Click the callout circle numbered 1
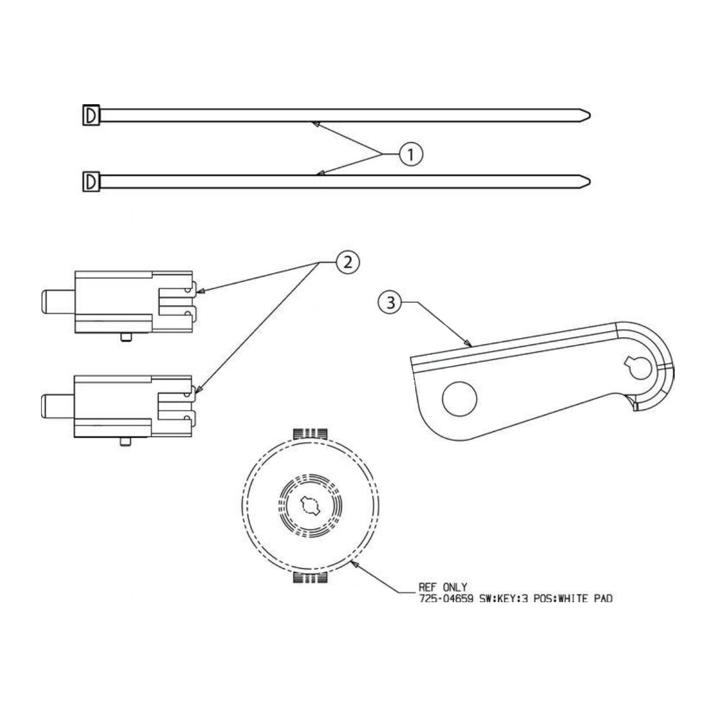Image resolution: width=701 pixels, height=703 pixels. pos(410,154)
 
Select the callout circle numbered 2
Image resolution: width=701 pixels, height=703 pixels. pos(348,262)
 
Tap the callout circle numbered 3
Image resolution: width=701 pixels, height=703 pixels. pos(390,302)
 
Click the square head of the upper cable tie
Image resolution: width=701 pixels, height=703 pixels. pos(91,115)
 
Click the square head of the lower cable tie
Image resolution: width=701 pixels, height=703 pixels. pos(91,182)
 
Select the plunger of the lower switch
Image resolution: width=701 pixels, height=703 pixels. pos(57,406)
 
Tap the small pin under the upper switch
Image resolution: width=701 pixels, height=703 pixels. pos(124,337)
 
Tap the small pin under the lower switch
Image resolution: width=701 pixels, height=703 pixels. pos(124,441)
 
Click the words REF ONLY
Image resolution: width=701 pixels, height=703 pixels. pos(443,587)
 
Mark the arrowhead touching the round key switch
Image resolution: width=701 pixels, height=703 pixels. pos(353,564)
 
